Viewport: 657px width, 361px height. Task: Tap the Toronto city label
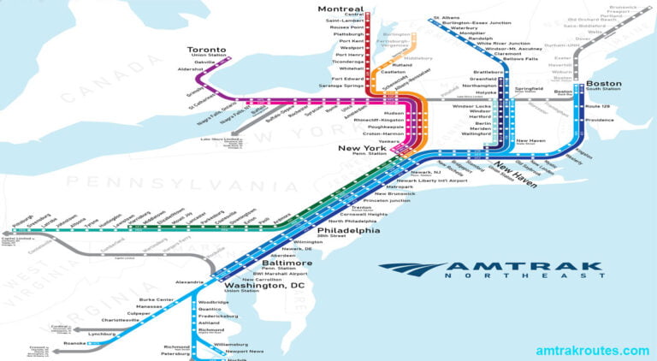(209, 50)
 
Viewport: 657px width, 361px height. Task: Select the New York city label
(365, 148)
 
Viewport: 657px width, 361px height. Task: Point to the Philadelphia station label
(348, 230)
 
